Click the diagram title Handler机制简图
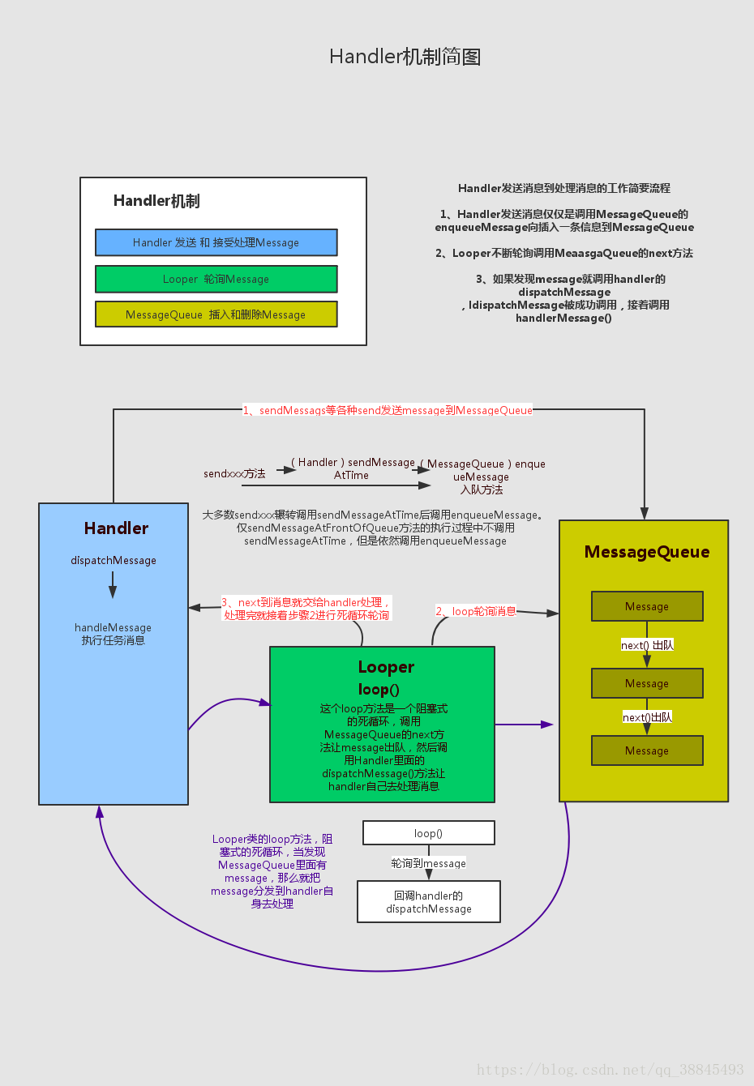(x=405, y=57)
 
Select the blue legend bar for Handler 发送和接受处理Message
(x=216, y=242)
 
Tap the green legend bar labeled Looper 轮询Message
(x=216, y=279)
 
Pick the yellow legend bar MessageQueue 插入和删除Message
(x=216, y=314)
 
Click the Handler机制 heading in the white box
(x=156, y=201)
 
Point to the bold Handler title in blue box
(x=116, y=528)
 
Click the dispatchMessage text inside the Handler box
(x=114, y=561)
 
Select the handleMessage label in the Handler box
(x=113, y=628)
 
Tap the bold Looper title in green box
(x=386, y=667)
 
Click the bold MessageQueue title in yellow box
(x=646, y=552)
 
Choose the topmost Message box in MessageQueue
(x=647, y=606)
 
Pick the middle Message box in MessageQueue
(x=647, y=683)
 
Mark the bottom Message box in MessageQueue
(x=647, y=750)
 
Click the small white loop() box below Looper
(x=428, y=833)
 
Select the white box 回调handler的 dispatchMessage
(x=428, y=902)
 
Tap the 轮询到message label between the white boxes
(x=428, y=864)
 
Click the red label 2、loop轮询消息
(x=476, y=611)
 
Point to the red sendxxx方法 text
(x=234, y=474)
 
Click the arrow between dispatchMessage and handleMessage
(x=113, y=584)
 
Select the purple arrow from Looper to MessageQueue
(x=524, y=725)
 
